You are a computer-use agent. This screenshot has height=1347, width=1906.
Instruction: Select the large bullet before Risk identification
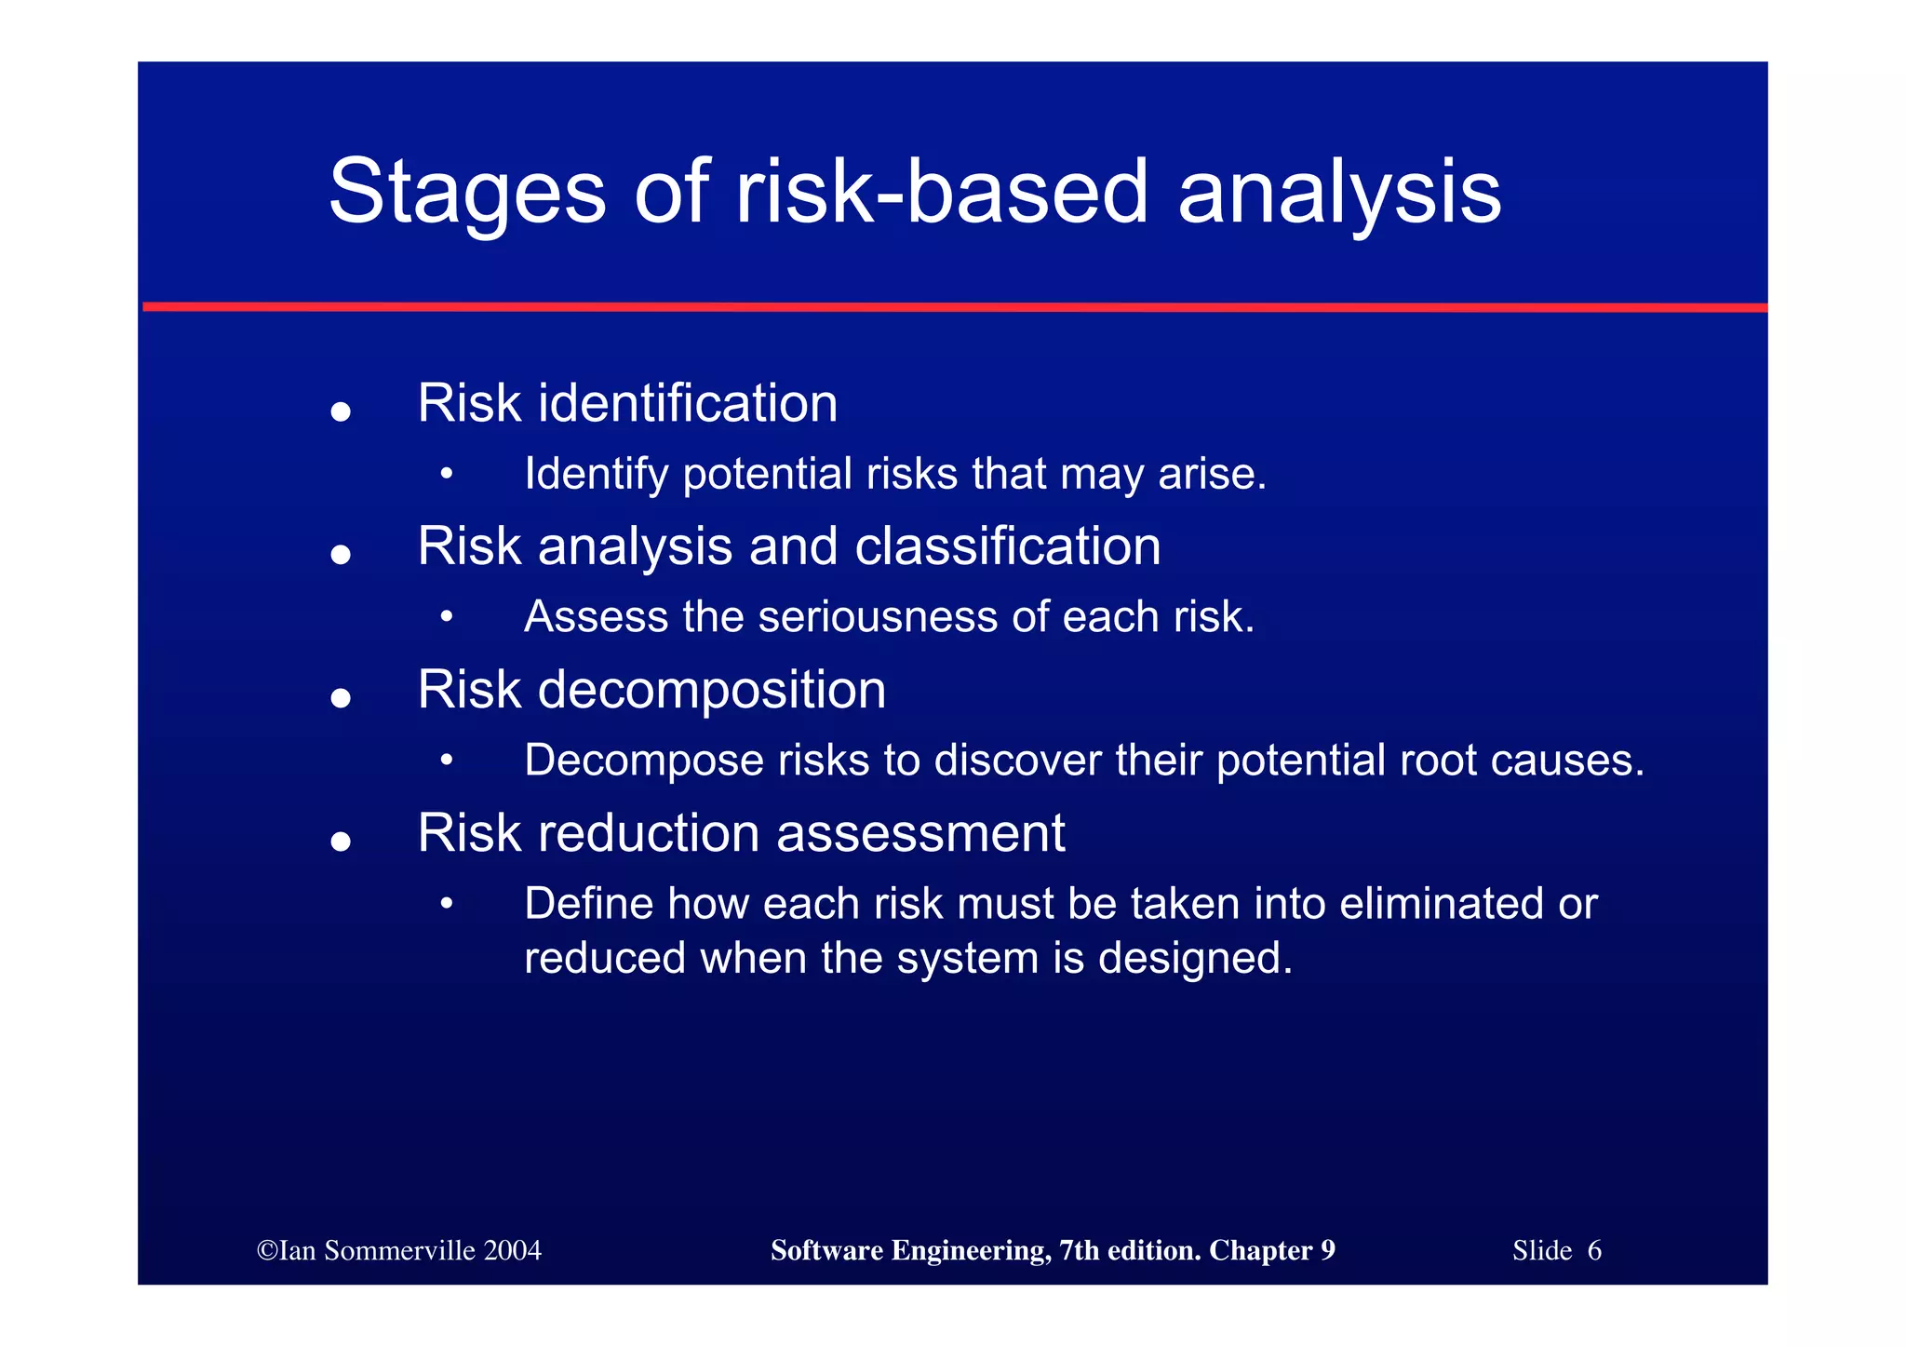(341, 411)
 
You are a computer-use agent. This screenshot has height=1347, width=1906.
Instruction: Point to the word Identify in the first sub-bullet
(596, 475)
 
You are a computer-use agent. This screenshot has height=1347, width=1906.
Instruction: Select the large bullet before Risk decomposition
(341, 698)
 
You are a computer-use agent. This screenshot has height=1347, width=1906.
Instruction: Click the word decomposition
(711, 691)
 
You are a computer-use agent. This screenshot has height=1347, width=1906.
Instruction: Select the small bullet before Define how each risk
(447, 903)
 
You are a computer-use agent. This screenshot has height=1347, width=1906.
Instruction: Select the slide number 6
(1594, 1250)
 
